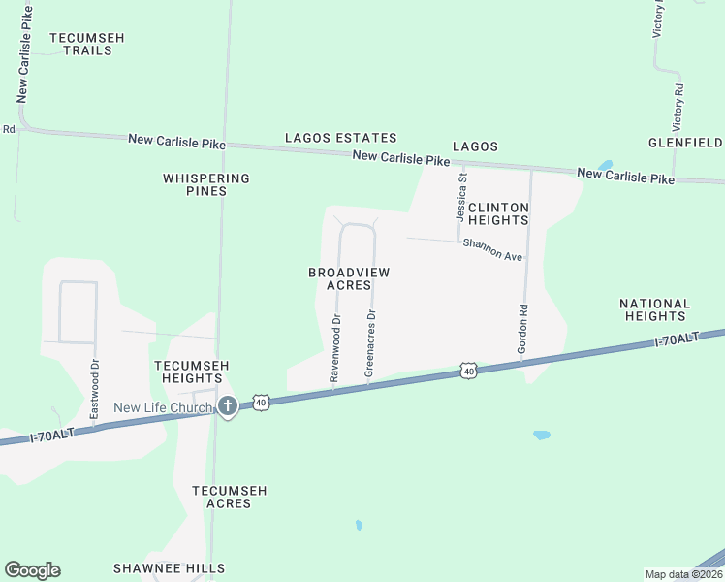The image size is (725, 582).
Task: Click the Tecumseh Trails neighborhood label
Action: [x=87, y=44]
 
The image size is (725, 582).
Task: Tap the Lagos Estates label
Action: [x=340, y=139]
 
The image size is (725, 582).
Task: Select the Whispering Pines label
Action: [x=206, y=184]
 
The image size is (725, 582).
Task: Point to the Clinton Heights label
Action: [x=498, y=214]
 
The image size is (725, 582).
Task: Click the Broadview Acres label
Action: [x=349, y=279]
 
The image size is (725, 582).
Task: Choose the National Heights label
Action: [x=655, y=310]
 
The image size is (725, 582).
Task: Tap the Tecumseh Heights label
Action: [x=192, y=372]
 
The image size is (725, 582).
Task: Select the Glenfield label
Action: [x=685, y=143]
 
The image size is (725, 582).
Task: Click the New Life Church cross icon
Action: [x=228, y=406]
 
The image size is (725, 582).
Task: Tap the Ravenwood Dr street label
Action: [x=335, y=346]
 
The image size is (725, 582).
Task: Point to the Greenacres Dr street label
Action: [x=369, y=343]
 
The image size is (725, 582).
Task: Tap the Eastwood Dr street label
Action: [x=95, y=390]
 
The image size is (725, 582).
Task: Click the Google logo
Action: [x=32, y=570]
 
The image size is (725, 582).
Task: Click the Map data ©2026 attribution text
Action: [x=683, y=574]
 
